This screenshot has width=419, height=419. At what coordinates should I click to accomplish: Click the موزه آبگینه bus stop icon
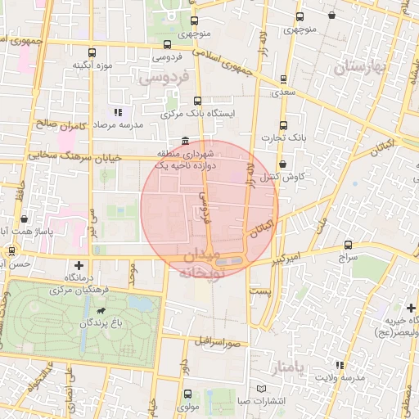pyautogui.click(x=91, y=51)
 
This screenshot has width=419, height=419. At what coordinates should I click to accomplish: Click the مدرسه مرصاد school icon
pyautogui.click(x=118, y=112)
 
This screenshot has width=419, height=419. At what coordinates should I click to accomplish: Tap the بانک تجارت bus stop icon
pyautogui.click(x=283, y=125)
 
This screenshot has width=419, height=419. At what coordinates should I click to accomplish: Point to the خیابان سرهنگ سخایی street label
pyautogui.click(x=86, y=155)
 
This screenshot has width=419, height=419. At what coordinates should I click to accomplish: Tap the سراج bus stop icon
pyautogui.click(x=349, y=244)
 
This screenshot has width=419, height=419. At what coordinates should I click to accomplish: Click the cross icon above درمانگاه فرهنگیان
pyautogui.click(x=79, y=265)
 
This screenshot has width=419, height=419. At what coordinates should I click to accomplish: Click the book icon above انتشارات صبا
pyautogui.click(x=261, y=387)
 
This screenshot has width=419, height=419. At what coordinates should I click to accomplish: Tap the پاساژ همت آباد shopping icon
pyautogui.click(x=25, y=219)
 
